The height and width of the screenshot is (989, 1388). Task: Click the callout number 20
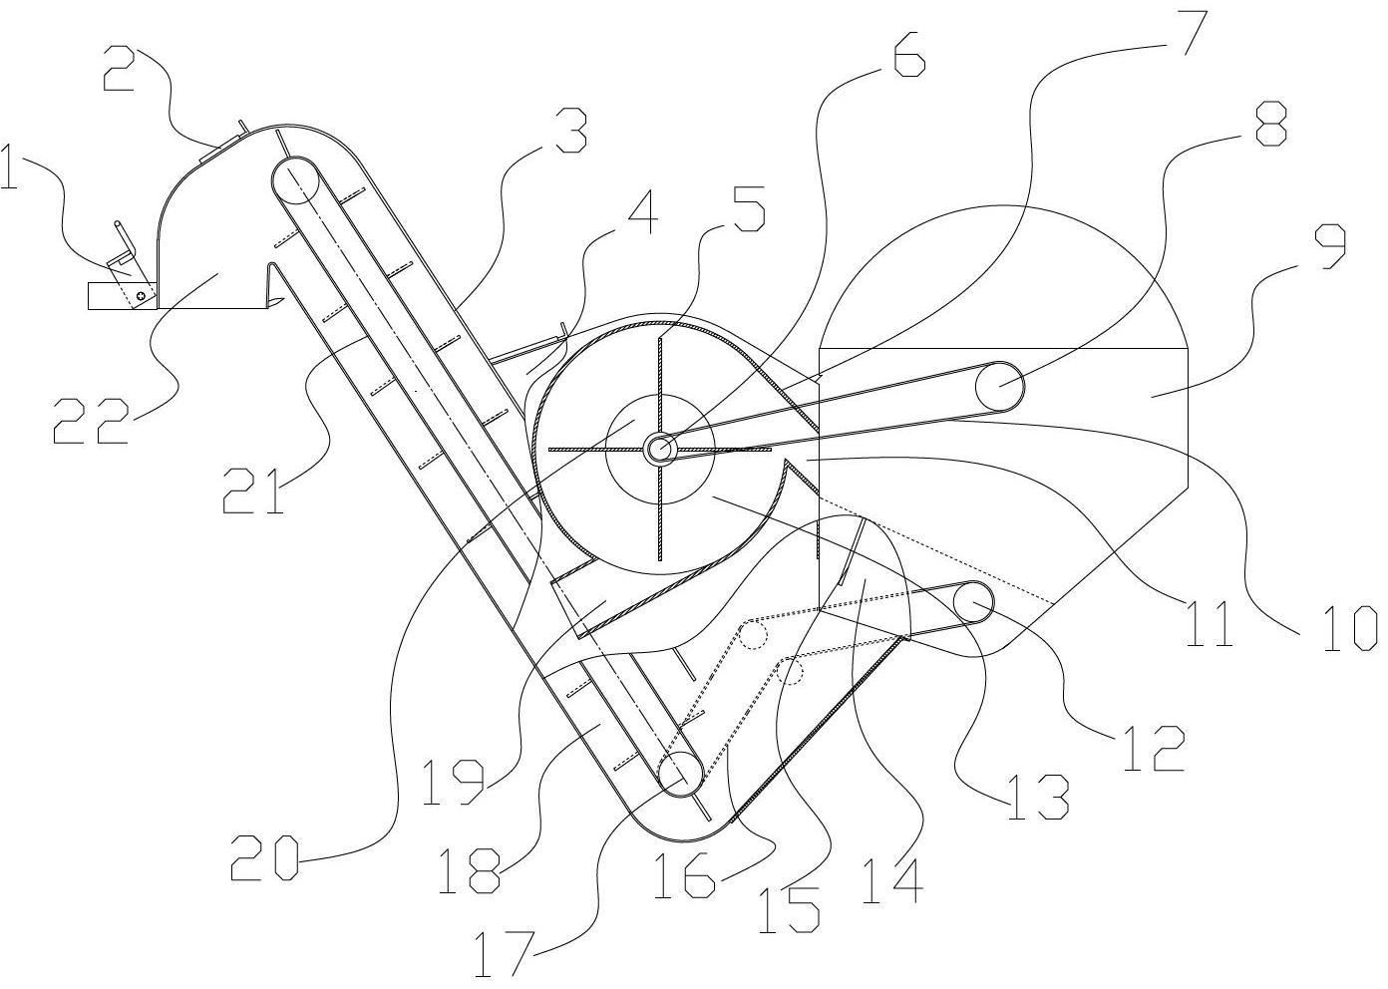point(264,858)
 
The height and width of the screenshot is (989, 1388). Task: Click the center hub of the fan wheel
point(658,449)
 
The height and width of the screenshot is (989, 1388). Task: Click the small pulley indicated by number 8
point(1000,386)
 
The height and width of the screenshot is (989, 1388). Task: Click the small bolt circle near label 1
point(144,295)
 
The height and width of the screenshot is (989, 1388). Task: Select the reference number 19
point(451,782)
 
